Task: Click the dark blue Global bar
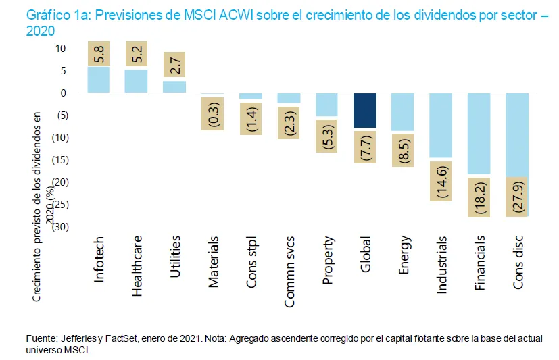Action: pyautogui.click(x=366, y=110)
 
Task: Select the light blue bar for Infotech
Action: pyautogui.click(x=99, y=79)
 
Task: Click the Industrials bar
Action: pyautogui.click(x=441, y=125)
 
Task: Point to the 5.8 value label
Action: pyautogui.click(x=99, y=53)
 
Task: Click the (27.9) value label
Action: pyautogui.click(x=518, y=197)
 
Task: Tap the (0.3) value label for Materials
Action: pyautogui.click(x=213, y=112)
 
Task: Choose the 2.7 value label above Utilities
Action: pyautogui.click(x=175, y=66)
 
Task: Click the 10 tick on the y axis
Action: pyautogui.click(x=60, y=49)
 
